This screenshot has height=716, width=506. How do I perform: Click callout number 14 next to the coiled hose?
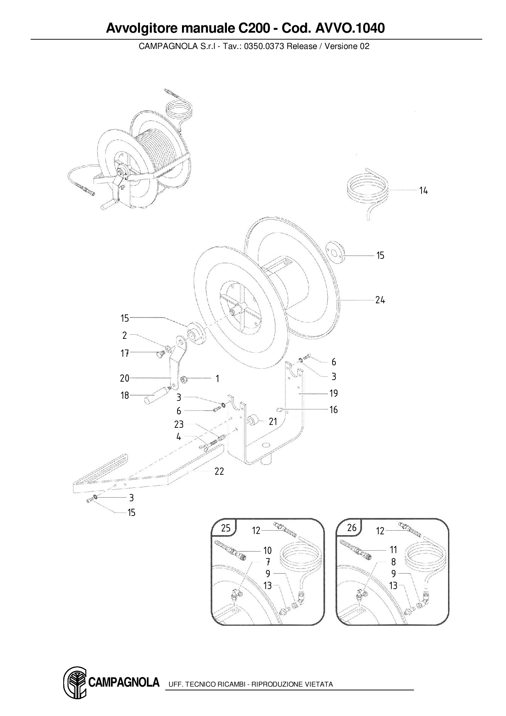(x=424, y=191)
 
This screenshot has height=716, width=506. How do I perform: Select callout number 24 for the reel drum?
(x=380, y=300)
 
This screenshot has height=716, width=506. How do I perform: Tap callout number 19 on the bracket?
(x=333, y=394)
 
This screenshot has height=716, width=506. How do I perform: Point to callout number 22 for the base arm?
(x=219, y=471)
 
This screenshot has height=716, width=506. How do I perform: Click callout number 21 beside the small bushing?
(x=273, y=422)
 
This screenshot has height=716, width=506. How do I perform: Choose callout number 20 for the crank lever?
(x=124, y=378)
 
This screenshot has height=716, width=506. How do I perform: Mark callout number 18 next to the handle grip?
(x=124, y=396)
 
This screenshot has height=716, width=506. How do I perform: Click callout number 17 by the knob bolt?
(x=124, y=354)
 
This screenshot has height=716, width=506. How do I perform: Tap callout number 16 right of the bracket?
(x=333, y=410)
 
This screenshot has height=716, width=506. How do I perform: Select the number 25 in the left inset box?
(x=226, y=528)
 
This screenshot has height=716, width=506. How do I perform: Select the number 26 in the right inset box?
(x=352, y=528)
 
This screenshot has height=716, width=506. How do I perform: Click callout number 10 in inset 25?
(x=267, y=551)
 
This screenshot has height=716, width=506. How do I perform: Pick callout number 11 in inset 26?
(x=393, y=550)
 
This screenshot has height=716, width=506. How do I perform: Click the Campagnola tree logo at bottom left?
(x=75, y=683)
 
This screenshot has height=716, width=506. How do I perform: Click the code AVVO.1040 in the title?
(x=350, y=28)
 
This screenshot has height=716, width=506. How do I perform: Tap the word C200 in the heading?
(x=253, y=28)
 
